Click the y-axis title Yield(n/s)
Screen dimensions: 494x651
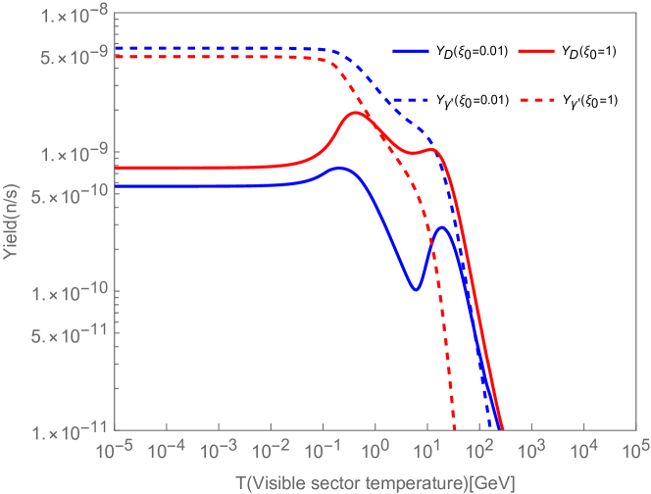(x=12, y=224)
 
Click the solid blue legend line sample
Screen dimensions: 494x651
(x=410, y=51)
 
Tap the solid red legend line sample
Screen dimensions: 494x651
(x=537, y=51)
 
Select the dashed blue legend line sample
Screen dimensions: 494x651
(x=410, y=101)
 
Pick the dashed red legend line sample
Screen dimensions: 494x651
(x=537, y=101)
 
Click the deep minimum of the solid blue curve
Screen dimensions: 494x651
(x=416, y=290)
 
